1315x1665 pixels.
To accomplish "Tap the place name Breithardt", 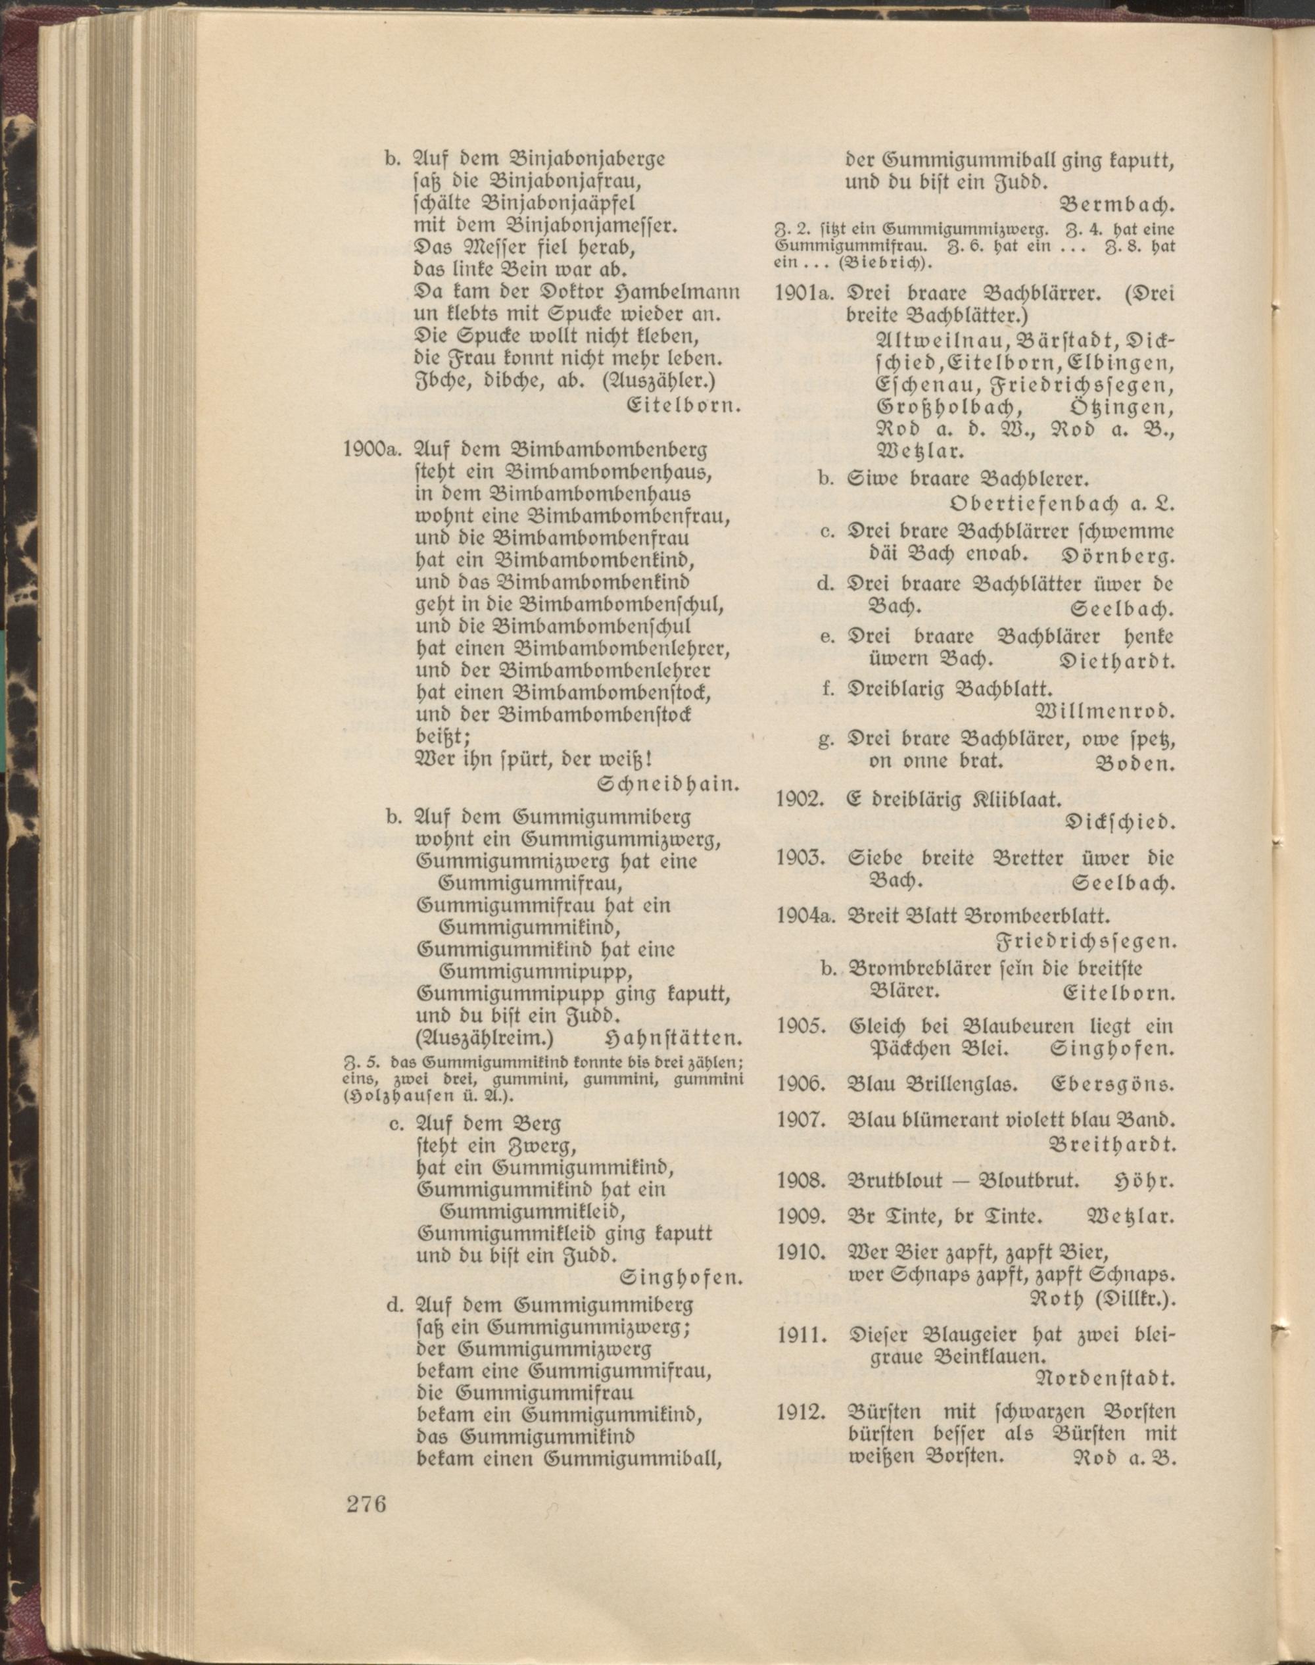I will [x=1112, y=1144].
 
